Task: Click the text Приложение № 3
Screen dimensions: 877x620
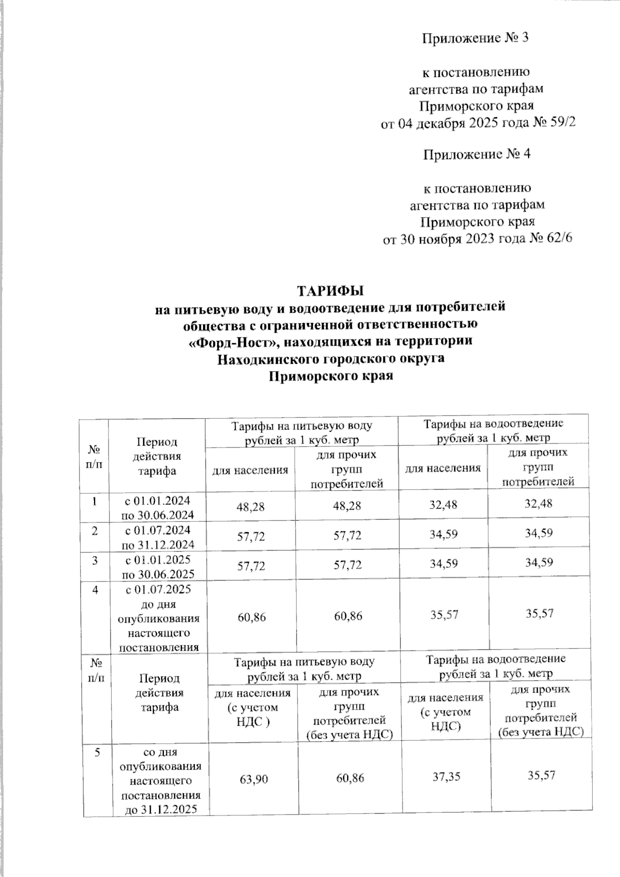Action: (476, 38)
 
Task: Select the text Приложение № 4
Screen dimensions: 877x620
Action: (476, 154)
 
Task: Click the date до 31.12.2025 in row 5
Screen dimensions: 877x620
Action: (161, 809)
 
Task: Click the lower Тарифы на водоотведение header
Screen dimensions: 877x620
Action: (495, 666)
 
